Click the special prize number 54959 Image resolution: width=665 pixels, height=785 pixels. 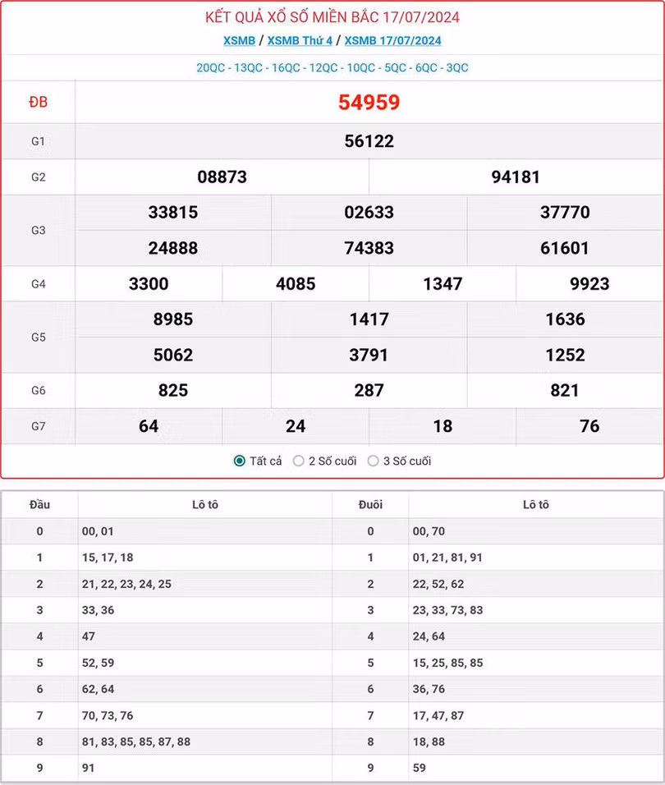[x=369, y=103]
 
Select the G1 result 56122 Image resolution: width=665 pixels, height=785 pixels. [x=369, y=141]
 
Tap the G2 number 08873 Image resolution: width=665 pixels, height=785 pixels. [x=222, y=177]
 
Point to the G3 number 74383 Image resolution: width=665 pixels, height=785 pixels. [x=369, y=248]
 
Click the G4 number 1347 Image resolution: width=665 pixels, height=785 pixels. [x=443, y=284]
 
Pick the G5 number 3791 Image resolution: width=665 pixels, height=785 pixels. [x=369, y=355]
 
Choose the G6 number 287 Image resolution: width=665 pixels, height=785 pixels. [x=369, y=391]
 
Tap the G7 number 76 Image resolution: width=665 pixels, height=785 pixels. [x=589, y=426]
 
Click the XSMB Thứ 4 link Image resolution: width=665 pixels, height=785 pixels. [x=300, y=40]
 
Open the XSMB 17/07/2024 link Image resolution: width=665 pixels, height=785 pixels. [x=392, y=40]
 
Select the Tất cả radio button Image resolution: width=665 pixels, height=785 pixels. [x=239, y=461]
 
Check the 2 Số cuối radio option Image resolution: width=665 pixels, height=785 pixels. [x=299, y=461]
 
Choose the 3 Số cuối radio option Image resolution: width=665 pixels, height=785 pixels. [x=373, y=461]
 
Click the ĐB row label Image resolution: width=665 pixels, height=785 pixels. [x=38, y=103]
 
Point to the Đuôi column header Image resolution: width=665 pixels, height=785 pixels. [x=370, y=505]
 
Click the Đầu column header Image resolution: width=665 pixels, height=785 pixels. [x=39, y=505]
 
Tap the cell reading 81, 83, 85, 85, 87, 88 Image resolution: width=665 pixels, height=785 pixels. [x=136, y=742]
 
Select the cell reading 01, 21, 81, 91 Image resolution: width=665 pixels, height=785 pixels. [x=447, y=558]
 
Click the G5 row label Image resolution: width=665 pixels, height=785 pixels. [x=38, y=337]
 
